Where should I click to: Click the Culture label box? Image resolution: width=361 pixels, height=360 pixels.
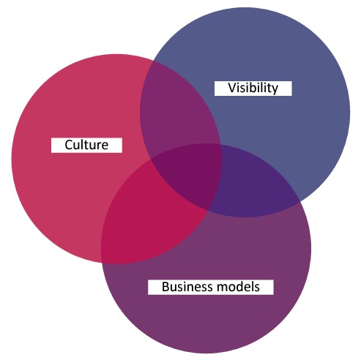[86, 145]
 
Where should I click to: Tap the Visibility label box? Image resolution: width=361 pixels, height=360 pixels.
[253, 89]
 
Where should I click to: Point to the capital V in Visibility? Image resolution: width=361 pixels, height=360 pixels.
[232, 88]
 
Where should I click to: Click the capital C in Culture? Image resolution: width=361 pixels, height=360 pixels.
[69, 145]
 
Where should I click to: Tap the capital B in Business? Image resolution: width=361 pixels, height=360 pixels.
[165, 287]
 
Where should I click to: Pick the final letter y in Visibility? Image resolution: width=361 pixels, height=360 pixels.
[275, 89]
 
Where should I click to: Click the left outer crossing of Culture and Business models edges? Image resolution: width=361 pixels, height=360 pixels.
[102, 262]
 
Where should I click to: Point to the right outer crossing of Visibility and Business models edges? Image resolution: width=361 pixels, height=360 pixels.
[300, 203]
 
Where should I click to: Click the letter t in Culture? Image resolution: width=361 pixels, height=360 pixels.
[88, 145]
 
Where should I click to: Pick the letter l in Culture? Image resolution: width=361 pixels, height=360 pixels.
[83, 144]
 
